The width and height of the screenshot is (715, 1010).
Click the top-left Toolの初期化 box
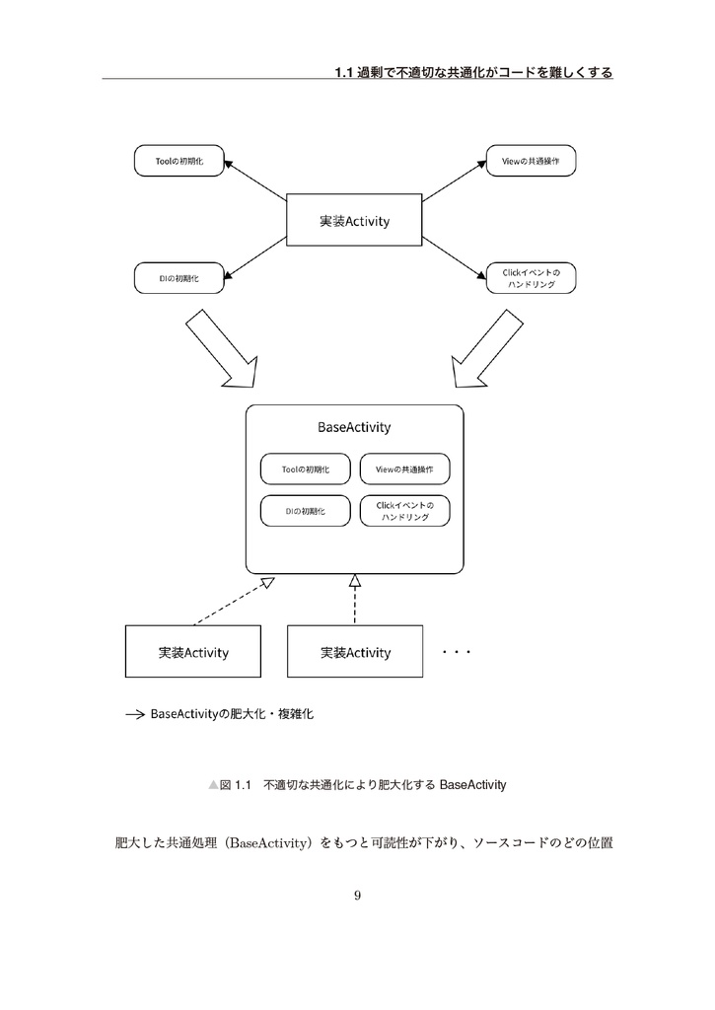point(179,161)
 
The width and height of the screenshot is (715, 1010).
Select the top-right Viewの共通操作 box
point(532,161)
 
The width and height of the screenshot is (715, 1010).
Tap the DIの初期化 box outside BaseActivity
point(179,278)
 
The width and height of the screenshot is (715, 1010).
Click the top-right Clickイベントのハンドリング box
point(532,278)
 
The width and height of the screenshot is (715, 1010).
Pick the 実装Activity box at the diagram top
point(354,221)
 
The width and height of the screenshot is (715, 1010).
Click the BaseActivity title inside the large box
point(354,427)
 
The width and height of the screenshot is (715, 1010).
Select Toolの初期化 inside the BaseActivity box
point(304,469)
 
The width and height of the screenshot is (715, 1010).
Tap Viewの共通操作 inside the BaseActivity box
point(405,469)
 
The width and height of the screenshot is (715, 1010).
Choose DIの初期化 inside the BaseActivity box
point(304,511)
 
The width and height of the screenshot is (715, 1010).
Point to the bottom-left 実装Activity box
point(193,652)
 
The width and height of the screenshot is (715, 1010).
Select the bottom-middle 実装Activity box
point(355,652)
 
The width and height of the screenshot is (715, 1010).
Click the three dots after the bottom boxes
point(458,652)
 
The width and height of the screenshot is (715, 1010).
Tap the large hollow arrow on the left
point(222,349)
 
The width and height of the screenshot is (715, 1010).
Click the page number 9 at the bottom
point(357,896)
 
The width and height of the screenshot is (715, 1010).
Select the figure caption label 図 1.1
point(233,785)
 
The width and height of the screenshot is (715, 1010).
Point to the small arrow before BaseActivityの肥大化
point(135,714)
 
